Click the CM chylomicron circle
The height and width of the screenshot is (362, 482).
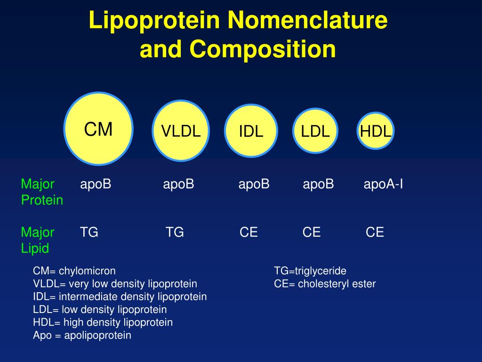(98, 129)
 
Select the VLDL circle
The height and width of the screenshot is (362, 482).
(181, 131)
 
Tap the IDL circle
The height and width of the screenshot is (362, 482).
(251, 131)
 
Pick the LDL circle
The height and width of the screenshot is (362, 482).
(315, 131)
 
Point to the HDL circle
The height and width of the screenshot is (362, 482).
(375, 131)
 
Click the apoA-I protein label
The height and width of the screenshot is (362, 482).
(383, 184)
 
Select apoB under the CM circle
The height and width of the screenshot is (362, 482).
(95, 184)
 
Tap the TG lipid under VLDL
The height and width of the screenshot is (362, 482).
(175, 232)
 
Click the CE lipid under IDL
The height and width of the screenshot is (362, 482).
(249, 232)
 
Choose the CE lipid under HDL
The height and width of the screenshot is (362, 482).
(375, 232)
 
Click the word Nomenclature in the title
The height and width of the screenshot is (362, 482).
(307, 20)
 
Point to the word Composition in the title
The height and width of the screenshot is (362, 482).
(263, 49)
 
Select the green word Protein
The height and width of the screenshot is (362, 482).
(42, 200)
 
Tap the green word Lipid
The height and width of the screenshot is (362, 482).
(35, 248)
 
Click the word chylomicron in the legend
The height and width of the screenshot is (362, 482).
(87, 271)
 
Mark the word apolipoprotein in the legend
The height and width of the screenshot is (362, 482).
(97, 335)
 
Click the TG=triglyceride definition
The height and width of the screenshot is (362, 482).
(310, 271)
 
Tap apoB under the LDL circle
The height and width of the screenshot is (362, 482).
(318, 184)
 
